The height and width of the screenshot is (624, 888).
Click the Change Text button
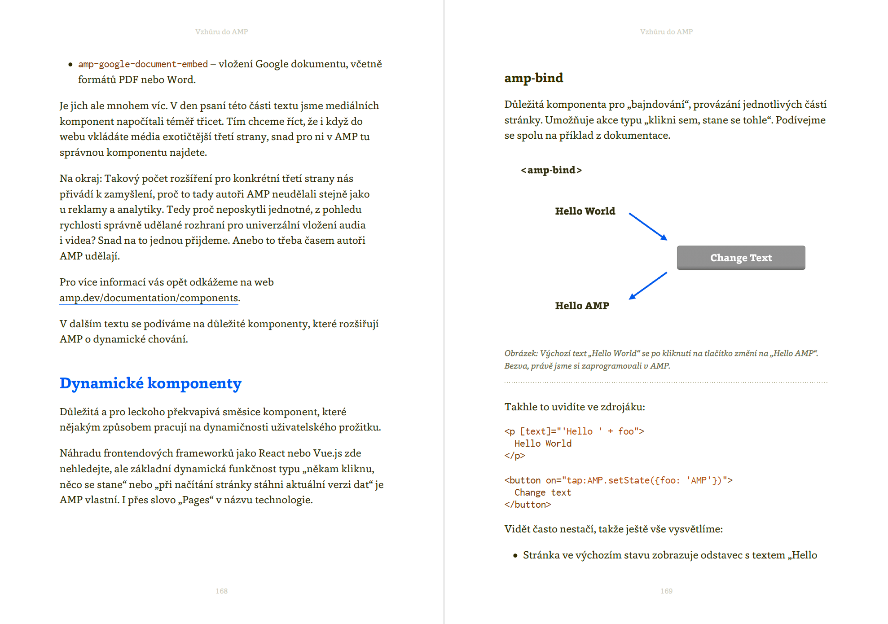pyautogui.click(x=741, y=258)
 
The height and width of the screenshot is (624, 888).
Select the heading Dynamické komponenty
pyautogui.click(x=150, y=383)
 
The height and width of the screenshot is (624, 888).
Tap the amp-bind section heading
pyautogui.click(x=533, y=78)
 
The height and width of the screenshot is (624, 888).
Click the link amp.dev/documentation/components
pyautogui.click(x=149, y=298)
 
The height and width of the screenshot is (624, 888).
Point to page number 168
pyautogui.click(x=221, y=591)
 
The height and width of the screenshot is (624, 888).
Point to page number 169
pyautogui.click(x=666, y=591)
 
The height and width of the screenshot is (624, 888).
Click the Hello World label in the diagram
pyautogui.click(x=585, y=211)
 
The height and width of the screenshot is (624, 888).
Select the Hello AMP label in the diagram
pyautogui.click(x=582, y=306)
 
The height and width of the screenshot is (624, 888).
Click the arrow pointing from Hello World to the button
pyautogui.click(x=648, y=226)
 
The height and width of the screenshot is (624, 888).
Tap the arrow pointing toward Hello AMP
pyautogui.click(x=648, y=286)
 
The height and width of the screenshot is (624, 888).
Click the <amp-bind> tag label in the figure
pyautogui.click(x=551, y=170)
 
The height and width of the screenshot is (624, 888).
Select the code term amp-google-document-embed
pyautogui.click(x=143, y=64)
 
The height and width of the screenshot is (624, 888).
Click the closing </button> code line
pyautogui.click(x=528, y=505)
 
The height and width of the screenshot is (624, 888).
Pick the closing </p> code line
pyautogui.click(x=514, y=456)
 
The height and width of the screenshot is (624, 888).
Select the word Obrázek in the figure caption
pyautogui.click(x=521, y=354)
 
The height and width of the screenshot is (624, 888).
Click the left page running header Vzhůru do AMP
pyautogui.click(x=221, y=32)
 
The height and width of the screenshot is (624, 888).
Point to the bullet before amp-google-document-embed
pyautogui.click(x=70, y=65)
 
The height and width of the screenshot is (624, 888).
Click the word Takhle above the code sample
pyautogui.click(x=520, y=407)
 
